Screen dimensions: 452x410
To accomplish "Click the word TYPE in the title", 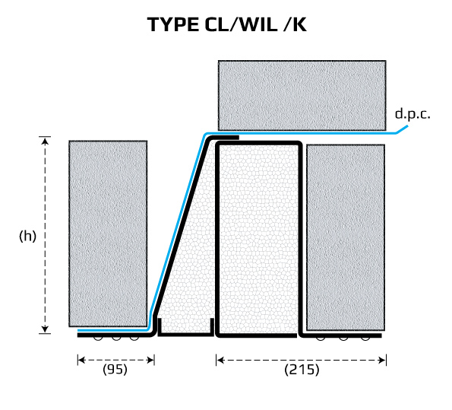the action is click(173, 24).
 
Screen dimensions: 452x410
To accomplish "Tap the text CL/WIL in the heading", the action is click(241, 24).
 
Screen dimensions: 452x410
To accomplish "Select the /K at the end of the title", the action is click(295, 24).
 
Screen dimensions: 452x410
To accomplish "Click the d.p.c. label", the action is click(412, 114).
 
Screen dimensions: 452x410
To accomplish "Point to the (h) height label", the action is click(27, 236).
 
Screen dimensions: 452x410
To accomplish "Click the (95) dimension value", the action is click(115, 369).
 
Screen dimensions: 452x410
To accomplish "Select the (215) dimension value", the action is click(302, 370).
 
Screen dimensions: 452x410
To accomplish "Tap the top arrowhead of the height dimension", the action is click(45, 141).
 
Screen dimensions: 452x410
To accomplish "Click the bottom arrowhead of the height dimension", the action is click(45, 329).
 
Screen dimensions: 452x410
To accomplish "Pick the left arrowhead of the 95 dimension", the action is click(81, 360).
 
